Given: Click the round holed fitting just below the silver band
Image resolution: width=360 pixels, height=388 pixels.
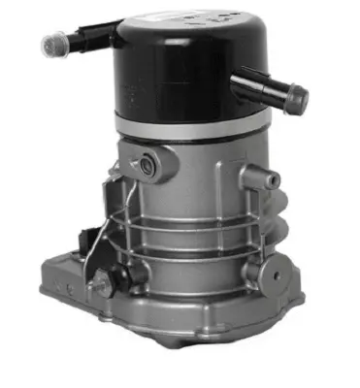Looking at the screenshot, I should [147, 165].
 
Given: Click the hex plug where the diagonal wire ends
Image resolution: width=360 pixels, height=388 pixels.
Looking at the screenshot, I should [99, 282].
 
